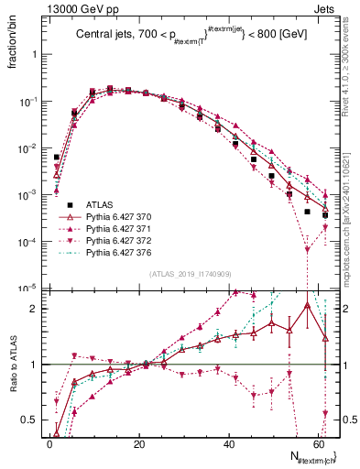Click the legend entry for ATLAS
99,204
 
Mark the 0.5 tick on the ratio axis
28,420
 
